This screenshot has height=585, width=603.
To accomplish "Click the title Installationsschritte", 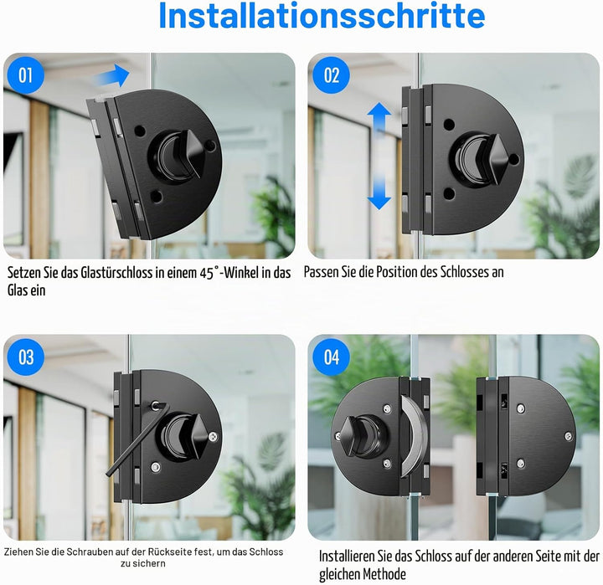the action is point(322,15).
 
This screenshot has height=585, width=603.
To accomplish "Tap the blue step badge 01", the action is point(25,75).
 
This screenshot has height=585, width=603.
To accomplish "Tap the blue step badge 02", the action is point(331,75).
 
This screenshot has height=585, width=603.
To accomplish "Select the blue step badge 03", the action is point(25,357).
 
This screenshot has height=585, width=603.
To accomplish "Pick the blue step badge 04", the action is point(331,357).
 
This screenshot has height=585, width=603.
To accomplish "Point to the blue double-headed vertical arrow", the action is point(379,156).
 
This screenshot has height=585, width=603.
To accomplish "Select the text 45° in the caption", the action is point(209,273).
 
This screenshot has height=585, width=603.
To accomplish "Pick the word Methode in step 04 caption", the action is point(384,574).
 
